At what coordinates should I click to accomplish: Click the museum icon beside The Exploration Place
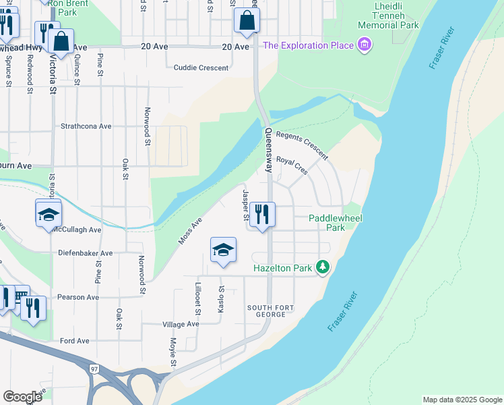coord(365,45)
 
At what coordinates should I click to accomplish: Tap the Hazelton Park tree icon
coord(323,268)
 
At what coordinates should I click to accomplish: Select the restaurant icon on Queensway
coord(263,215)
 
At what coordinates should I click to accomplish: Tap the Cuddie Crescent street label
coord(201,67)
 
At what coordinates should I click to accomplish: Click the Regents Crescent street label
coord(302,144)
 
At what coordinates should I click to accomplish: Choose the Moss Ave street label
coord(190,232)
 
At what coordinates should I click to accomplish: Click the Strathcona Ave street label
coord(86,126)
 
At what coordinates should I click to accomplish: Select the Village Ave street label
coord(181,324)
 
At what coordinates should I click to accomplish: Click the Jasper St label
coord(245,205)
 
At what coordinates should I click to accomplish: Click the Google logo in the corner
coord(22,396)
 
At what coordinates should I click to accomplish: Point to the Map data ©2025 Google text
coord(462,400)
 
